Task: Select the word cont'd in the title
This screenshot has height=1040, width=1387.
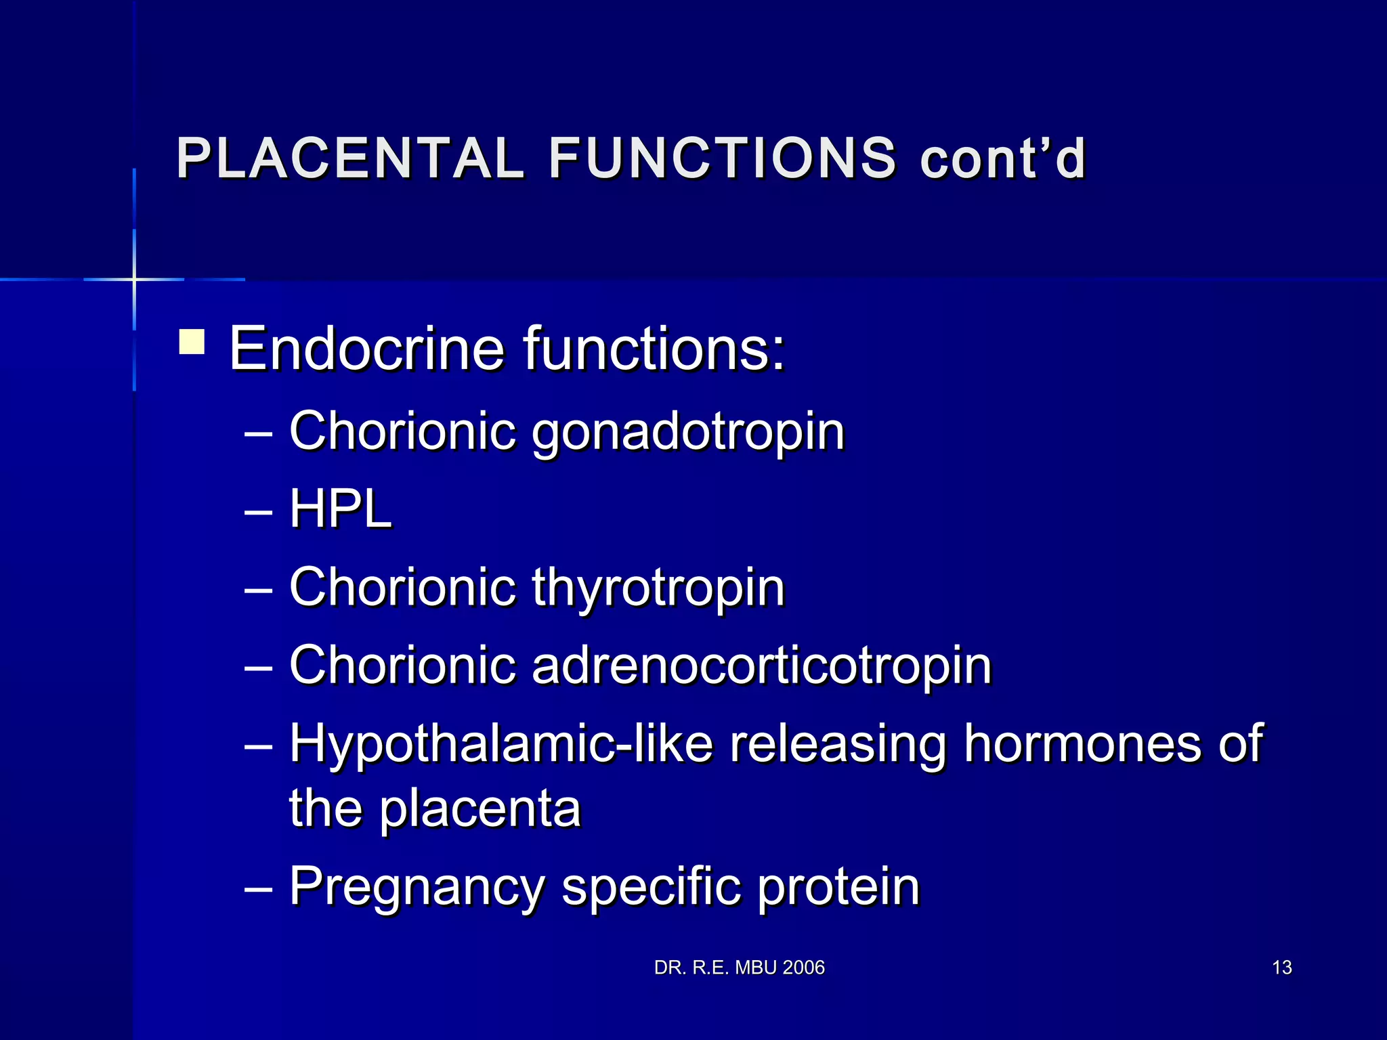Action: (1002, 158)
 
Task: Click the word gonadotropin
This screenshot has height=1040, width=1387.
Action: (688, 432)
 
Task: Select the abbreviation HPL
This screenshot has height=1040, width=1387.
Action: (340, 509)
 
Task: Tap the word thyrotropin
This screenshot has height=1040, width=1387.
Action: (658, 588)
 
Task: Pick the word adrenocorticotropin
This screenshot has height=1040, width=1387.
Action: (762, 665)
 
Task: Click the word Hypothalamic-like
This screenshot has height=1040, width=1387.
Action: (501, 744)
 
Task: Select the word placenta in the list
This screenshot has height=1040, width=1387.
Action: (479, 808)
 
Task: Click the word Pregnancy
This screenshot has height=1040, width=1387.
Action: (417, 887)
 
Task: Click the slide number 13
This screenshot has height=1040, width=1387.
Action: (1282, 968)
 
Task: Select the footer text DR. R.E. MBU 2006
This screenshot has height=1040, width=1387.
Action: (740, 968)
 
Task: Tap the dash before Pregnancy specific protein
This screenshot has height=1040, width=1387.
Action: (258, 888)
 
